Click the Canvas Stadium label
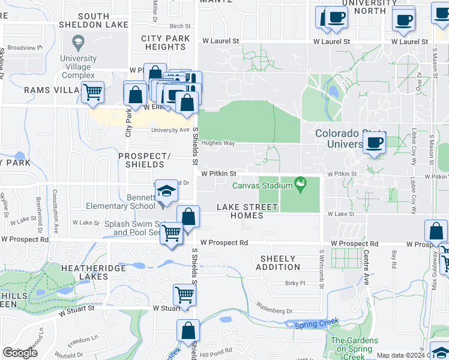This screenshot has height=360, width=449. point(262,185)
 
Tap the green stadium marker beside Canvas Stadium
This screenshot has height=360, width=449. point(301,182)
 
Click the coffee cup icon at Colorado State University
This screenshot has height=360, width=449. point(374,143)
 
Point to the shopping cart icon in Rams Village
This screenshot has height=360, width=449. point(92,92)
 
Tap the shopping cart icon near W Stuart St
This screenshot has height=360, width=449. point(184,295)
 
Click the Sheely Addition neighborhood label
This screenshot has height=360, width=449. point(279,263)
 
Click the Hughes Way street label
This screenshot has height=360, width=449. point(218,143)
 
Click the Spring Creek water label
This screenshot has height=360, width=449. point(309,325)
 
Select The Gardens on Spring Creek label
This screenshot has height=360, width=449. point(355,344)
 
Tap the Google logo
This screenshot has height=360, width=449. point(20,353)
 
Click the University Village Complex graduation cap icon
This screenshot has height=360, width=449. point(77,43)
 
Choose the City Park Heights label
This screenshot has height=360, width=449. point(166,43)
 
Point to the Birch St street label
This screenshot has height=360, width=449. point(179,26)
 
